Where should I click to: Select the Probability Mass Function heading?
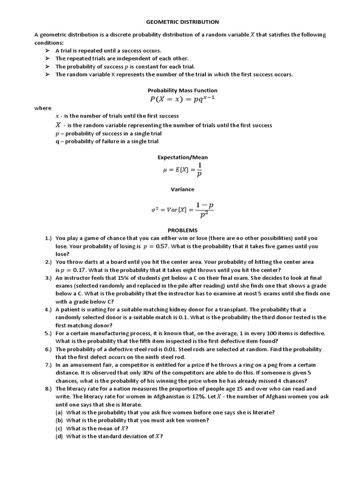pos(182,90)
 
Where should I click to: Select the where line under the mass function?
pos(42,108)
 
